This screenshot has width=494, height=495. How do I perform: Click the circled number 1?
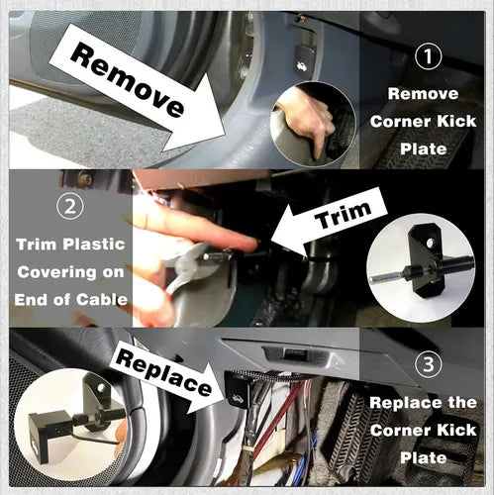(x=428, y=56)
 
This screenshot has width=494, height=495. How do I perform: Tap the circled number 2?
(x=70, y=206)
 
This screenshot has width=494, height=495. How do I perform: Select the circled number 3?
(x=429, y=364)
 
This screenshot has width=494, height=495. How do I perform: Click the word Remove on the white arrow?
(x=127, y=81)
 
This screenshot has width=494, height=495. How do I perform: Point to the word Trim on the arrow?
(x=344, y=216)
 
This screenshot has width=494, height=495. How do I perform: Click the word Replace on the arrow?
(x=163, y=372)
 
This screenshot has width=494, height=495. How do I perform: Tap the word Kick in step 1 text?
(x=456, y=122)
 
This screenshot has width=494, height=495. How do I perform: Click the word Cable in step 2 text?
(x=102, y=300)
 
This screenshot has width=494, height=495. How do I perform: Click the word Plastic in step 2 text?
(x=94, y=245)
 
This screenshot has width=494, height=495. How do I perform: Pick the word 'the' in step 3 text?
(x=462, y=403)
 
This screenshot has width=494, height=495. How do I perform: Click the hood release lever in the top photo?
(x=305, y=61)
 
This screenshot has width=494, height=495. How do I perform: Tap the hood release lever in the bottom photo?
(x=237, y=388)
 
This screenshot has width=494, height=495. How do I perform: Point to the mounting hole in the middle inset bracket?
(x=430, y=244)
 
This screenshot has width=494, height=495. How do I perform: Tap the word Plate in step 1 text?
(x=424, y=148)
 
